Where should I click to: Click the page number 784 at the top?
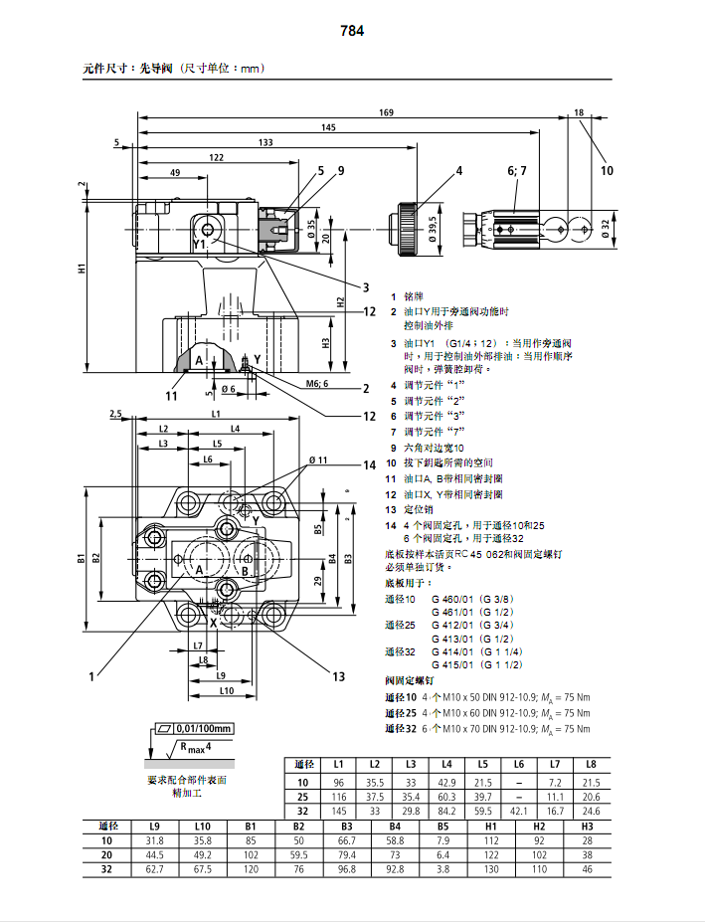[352, 31]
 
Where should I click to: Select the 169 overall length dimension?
[386, 112]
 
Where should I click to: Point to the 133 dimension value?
[265, 142]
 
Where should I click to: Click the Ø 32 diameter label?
[605, 228]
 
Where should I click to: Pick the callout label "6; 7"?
[517, 171]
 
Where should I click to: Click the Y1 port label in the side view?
[200, 243]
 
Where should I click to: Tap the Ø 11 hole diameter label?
[318, 460]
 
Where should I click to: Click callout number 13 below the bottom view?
[338, 676]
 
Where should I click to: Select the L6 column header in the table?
[518, 764]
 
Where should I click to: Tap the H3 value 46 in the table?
[587, 868]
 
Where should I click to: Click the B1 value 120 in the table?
[251, 868]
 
